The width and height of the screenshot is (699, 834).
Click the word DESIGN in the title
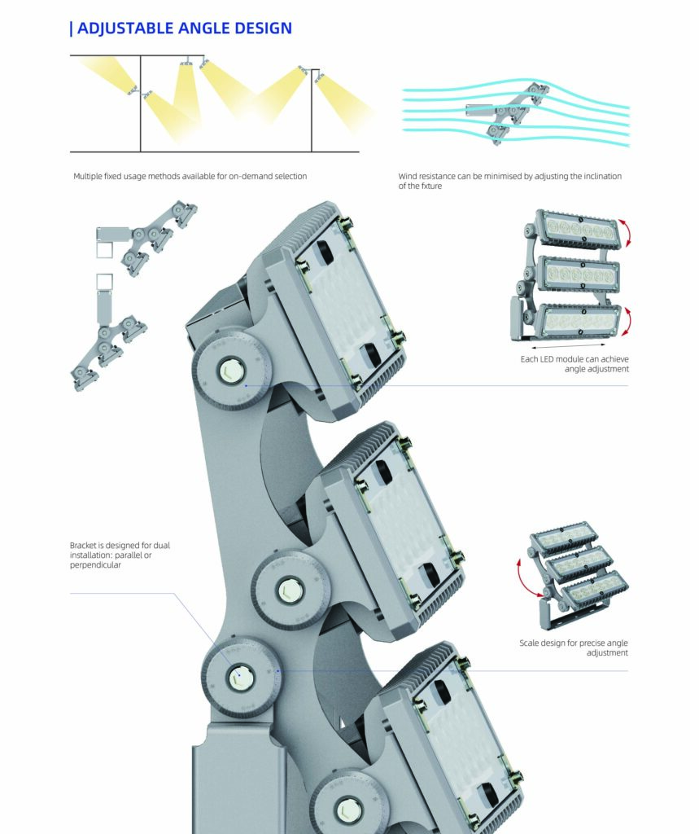pyautogui.click(x=263, y=29)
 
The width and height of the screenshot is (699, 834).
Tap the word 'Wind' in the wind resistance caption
pyautogui.click(x=408, y=176)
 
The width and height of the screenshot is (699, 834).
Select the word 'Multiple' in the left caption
pyautogui.click(x=87, y=176)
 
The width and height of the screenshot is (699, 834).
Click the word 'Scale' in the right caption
pyautogui.click(x=529, y=643)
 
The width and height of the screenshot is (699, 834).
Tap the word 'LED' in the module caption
pyautogui.click(x=547, y=359)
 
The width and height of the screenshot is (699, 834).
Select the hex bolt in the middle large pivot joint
pyautogui.click(x=290, y=590)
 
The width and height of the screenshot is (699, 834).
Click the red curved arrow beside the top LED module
pyautogui.click(x=627, y=234)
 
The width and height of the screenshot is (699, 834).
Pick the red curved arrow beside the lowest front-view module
pyautogui.click(x=627, y=322)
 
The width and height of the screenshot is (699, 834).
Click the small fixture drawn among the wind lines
pyautogui.click(x=508, y=112)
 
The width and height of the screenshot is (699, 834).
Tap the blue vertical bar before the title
pyautogui.click(x=72, y=29)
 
